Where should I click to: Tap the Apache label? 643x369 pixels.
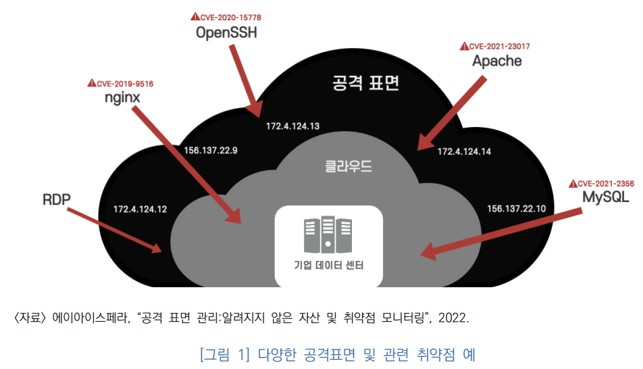[496, 61]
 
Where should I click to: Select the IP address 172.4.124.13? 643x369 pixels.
[292, 126]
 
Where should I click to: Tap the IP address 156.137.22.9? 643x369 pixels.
[210, 150]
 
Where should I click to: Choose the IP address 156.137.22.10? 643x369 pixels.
[516, 208]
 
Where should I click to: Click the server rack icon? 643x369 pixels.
[328, 234]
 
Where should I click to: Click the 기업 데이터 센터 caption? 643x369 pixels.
[329, 266]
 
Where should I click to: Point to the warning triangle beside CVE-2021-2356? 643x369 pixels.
[573, 183]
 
